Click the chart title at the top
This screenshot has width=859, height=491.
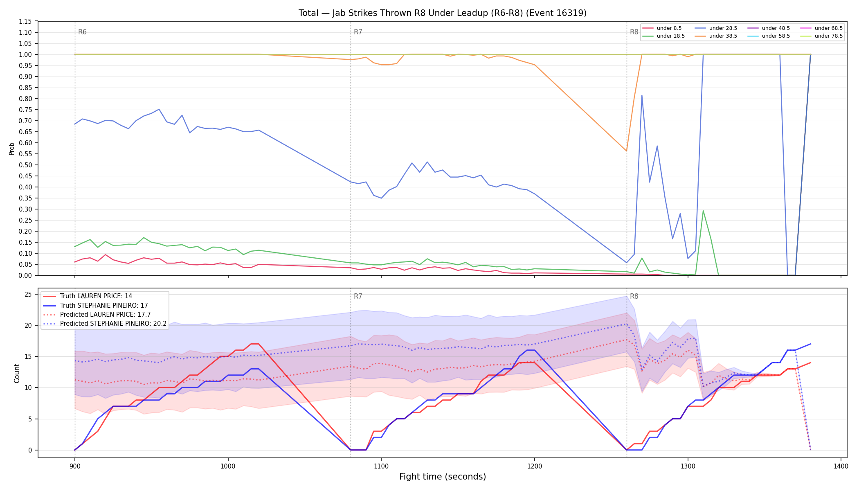pyautogui.click(x=442, y=13)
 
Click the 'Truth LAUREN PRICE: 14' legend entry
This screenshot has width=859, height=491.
pyautogui.click(x=88, y=296)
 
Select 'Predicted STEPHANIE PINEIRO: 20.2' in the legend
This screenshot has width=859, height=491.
pyautogui.click(x=105, y=324)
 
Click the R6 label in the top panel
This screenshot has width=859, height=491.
pyautogui.click(x=82, y=32)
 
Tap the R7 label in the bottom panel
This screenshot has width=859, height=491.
pyautogui.click(x=358, y=296)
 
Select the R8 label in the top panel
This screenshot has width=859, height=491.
pyautogui.click(x=634, y=32)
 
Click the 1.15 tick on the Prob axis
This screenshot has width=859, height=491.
pyautogui.click(x=26, y=21)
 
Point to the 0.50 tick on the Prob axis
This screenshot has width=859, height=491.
pyautogui.click(x=26, y=165)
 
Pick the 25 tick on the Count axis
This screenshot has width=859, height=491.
pyautogui.click(x=28, y=294)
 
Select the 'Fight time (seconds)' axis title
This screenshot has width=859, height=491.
pyautogui.click(x=443, y=477)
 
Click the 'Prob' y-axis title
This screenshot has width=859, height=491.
pyautogui.click(x=12, y=149)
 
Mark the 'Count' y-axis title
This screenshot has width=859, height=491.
pyautogui.click(x=17, y=373)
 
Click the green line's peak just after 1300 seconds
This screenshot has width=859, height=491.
pyautogui.click(x=703, y=211)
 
